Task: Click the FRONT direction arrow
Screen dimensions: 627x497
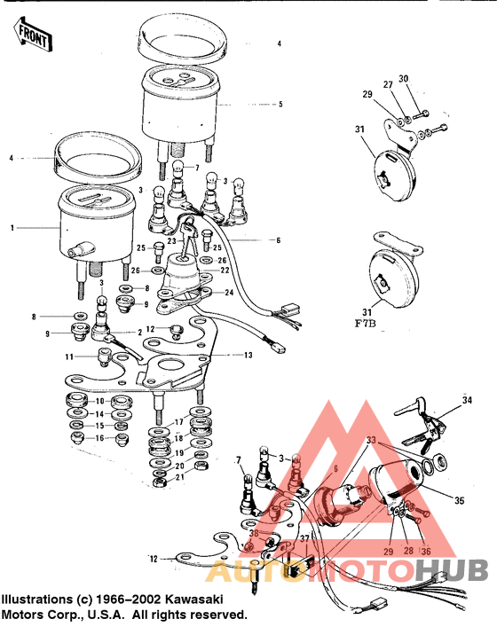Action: pyautogui.click(x=28, y=36)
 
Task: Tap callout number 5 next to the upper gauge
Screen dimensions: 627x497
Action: pyautogui.click(x=280, y=104)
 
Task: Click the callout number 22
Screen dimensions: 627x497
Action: pyautogui.click(x=225, y=270)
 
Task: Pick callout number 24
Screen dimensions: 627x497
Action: pyautogui.click(x=230, y=291)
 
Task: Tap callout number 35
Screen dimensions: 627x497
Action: pyautogui.click(x=459, y=501)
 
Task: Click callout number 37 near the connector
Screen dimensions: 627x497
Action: pyautogui.click(x=304, y=539)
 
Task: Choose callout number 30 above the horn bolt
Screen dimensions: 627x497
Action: pyautogui.click(x=404, y=80)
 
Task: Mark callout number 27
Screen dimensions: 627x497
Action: pyautogui.click(x=387, y=84)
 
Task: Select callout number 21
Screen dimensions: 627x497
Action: pyautogui.click(x=181, y=477)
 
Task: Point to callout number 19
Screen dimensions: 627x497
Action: pyautogui.click(x=180, y=451)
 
